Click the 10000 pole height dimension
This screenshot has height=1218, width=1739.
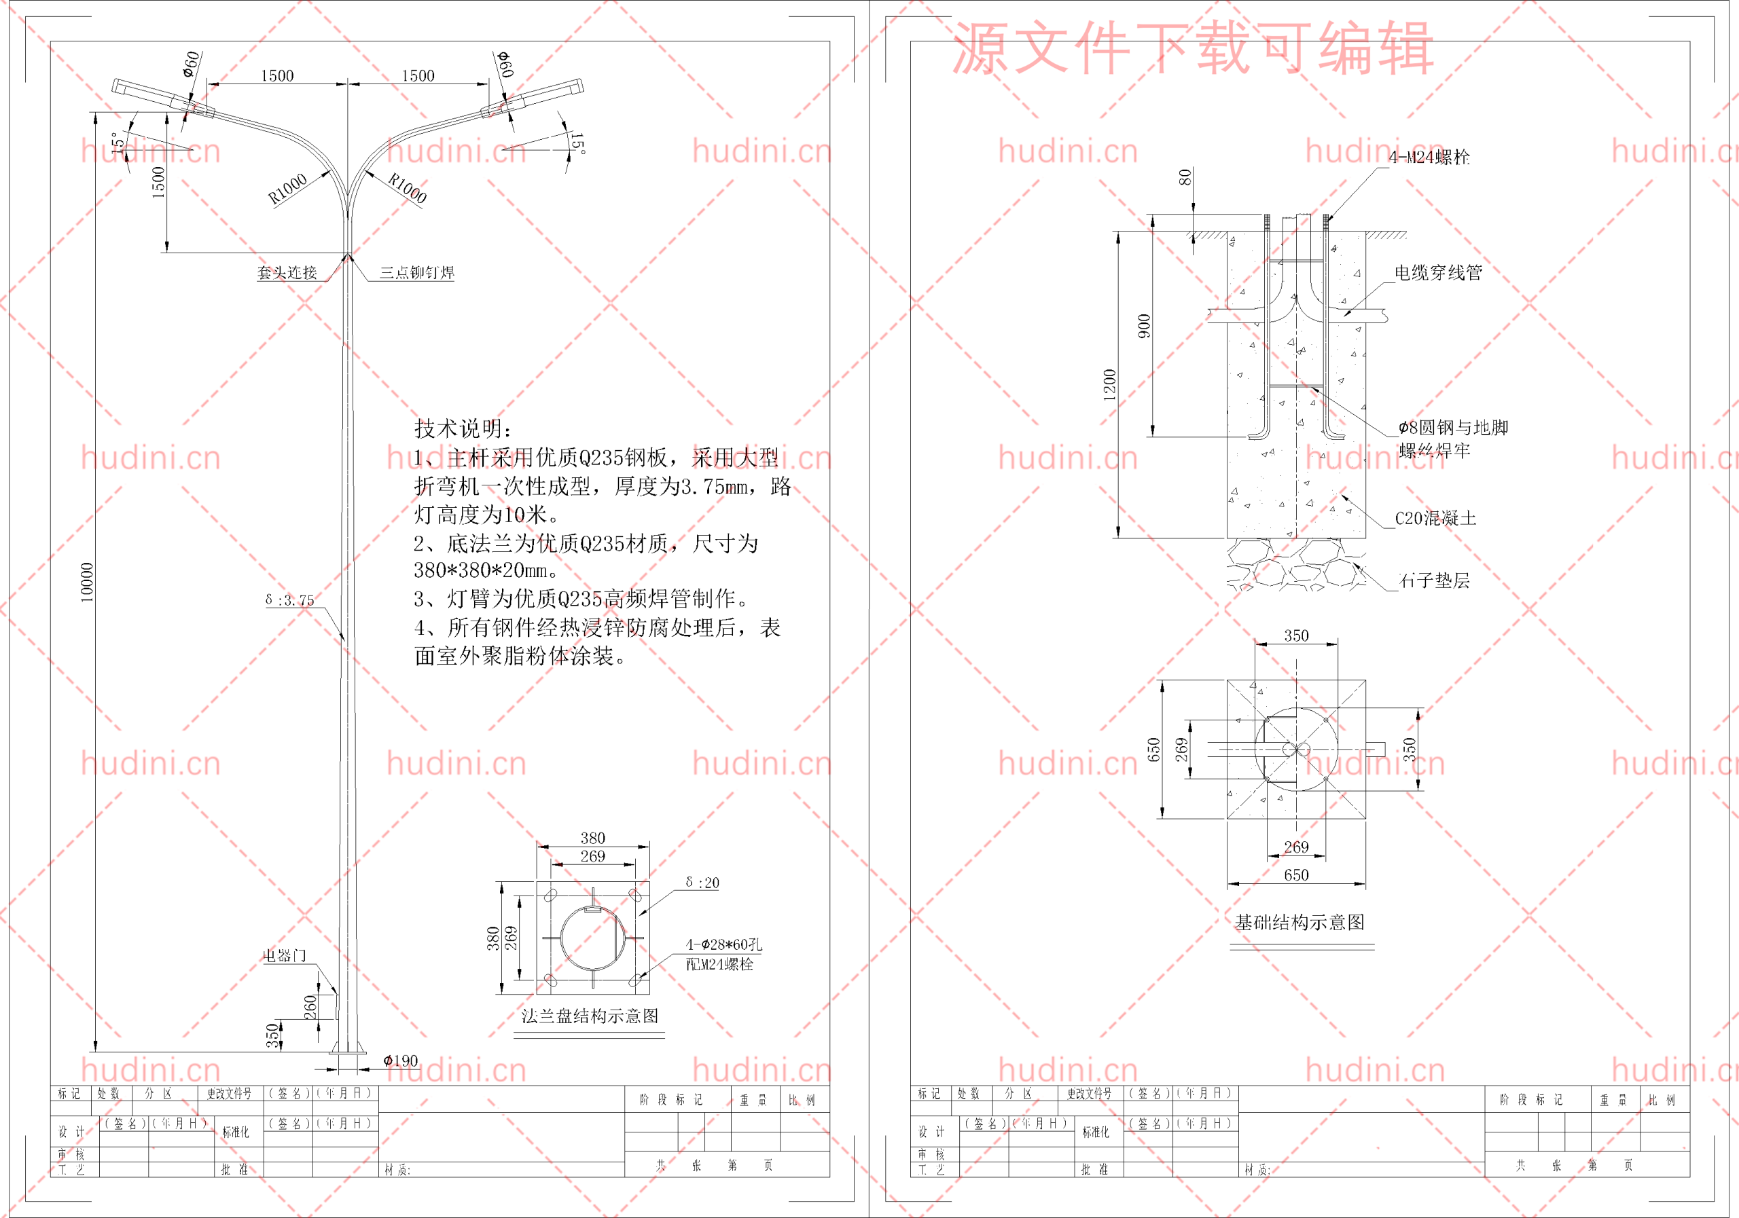87,582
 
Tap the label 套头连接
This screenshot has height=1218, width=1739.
287,272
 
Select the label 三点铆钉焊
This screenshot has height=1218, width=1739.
416,272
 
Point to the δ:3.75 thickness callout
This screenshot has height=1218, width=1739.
289,600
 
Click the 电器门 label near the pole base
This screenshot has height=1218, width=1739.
285,956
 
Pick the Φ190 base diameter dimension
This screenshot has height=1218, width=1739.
401,1060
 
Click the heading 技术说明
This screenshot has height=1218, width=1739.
463,428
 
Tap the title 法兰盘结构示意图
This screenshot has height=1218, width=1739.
589,1016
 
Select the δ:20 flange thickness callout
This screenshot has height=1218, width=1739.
702,883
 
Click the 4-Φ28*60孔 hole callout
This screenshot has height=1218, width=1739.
724,944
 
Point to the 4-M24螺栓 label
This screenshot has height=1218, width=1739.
1429,158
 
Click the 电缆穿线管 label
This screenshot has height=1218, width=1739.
1438,272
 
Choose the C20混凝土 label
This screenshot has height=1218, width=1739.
1435,519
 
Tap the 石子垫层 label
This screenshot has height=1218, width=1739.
1435,580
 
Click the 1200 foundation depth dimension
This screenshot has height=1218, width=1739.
1109,384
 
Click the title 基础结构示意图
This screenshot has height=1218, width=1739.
1299,922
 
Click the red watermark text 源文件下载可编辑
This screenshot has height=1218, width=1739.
1193,48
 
